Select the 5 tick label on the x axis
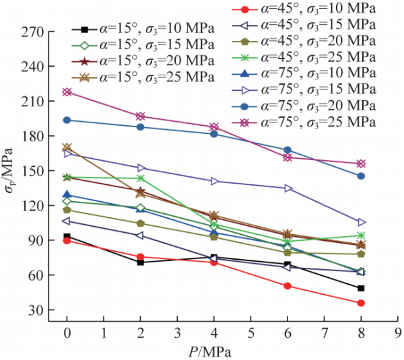[x=250, y=332]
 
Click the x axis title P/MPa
[x=214, y=350]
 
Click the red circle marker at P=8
[x=362, y=303]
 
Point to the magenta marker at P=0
[x=67, y=92]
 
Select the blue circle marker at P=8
[x=362, y=176]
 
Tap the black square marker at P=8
[x=362, y=288]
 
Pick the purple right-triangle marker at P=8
[x=362, y=222]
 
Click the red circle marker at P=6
[x=288, y=286]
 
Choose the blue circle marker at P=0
[x=67, y=120]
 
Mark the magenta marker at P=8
[x=362, y=164]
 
